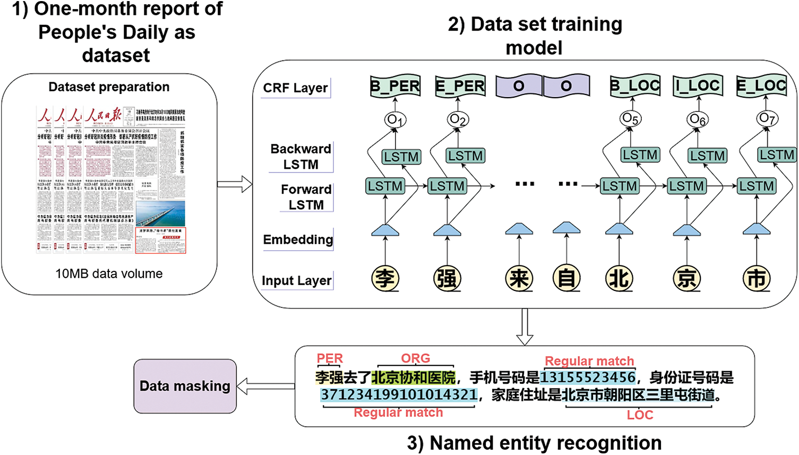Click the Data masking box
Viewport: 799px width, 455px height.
[x=185, y=386]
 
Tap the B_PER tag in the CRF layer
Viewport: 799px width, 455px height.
[x=395, y=86]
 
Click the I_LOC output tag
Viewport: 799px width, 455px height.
[x=698, y=85]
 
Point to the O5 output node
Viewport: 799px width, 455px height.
[x=630, y=119]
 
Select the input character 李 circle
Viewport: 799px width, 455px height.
[x=385, y=278]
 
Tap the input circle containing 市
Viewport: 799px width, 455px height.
[x=756, y=278]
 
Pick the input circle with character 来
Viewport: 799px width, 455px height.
[x=519, y=278]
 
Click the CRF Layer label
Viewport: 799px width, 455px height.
[x=296, y=88]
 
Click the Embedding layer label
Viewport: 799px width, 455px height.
[x=298, y=239]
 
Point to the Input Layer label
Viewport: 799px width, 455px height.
[x=297, y=280]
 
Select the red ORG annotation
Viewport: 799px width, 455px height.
[x=415, y=358]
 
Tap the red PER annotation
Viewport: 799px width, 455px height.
[x=330, y=358]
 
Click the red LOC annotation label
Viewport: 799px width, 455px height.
[x=640, y=415]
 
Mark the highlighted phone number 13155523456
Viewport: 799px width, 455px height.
[x=588, y=377]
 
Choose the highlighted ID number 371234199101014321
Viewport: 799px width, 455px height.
[x=399, y=395]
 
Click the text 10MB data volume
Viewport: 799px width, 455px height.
[x=109, y=274]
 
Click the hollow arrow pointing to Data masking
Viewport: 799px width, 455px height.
[x=265, y=387]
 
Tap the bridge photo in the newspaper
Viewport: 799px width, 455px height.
[x=160, y=213]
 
